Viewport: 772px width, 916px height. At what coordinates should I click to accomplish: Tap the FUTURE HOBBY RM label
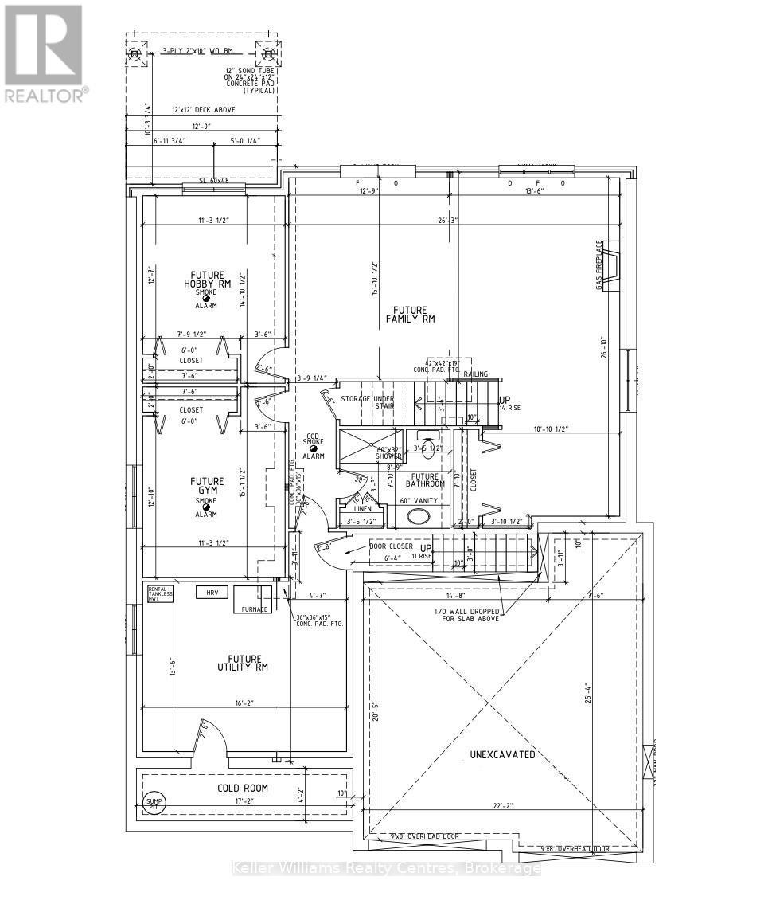click(x=206, y=280)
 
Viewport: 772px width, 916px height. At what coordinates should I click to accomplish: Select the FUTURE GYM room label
click(x=206, y=486)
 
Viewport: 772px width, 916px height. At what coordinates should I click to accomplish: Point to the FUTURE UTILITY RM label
click(x=244, y=663)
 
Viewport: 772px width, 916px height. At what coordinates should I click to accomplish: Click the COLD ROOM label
click(x=243, y=788)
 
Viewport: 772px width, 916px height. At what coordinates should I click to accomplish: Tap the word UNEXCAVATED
click(x=501, y=754)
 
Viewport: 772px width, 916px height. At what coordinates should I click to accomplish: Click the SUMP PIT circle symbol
click(x=151, y=803)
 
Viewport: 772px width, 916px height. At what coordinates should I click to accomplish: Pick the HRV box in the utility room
click(x=212, y=592)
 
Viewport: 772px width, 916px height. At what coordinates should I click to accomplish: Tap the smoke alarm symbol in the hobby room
click(x=206, y=298)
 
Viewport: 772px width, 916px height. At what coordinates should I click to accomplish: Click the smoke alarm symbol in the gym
click(x=206, y=504)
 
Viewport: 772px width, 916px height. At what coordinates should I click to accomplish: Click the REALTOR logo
click(x=45, y=54)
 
